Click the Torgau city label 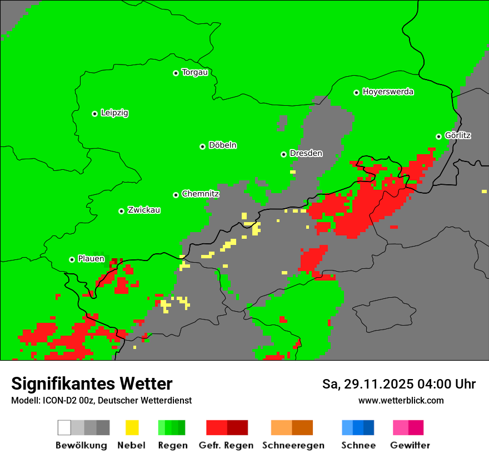pos(194,72)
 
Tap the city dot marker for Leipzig pos(94,114)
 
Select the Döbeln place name pos(222,145)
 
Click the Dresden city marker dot pos(283,154)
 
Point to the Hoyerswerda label pos(388,92)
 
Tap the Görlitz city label pos(458,135)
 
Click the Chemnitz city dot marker pos(176,195)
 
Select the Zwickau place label pos(144,210)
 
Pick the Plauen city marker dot pos(72,259)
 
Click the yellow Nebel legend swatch pos(132,427)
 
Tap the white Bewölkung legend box pos(64,427)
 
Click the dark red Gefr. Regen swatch pos(237,427)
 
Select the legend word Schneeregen pos(293,445)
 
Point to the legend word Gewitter pos(410,445)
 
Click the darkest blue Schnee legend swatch pos(369,427)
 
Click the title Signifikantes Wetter pos(92,384)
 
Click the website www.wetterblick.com pos(401,400)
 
